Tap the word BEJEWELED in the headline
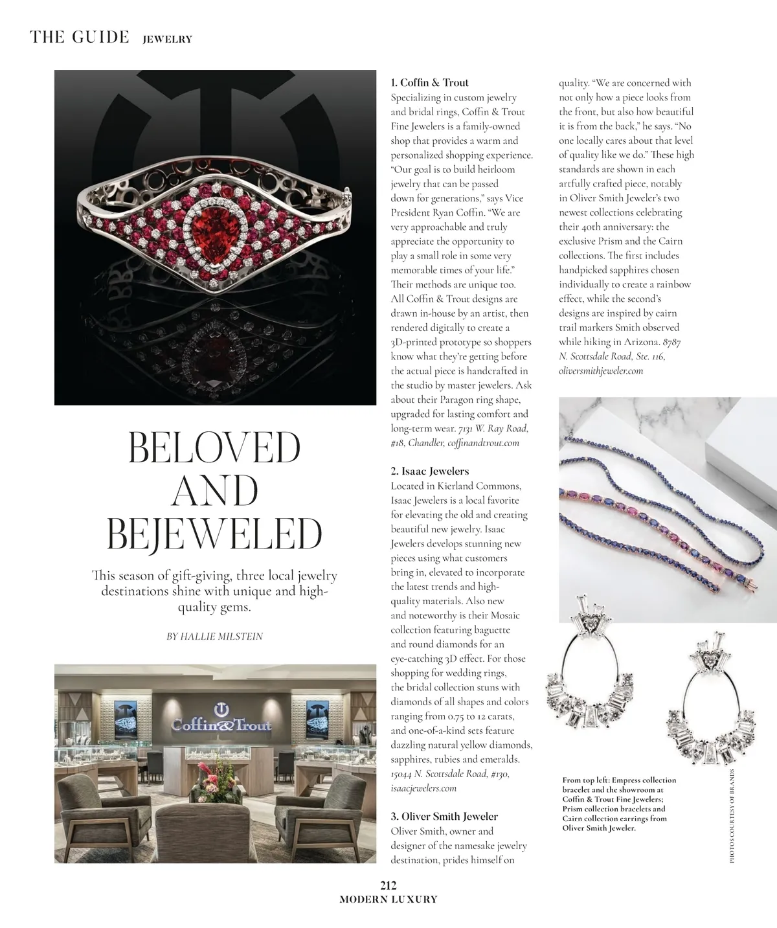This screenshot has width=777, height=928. point(214,534)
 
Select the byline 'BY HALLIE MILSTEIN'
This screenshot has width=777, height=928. point(215,637)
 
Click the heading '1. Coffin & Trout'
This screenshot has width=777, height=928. point(429,82)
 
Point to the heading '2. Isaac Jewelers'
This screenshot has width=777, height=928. point(429,471)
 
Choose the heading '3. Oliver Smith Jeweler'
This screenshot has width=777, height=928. point(444,817)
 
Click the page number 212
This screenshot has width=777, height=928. point(388,887)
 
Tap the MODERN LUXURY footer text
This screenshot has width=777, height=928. point(388,900)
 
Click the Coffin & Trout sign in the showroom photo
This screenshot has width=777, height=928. point(221,722)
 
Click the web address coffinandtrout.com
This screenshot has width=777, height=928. point(483,443)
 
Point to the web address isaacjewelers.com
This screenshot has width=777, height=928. point(423,788)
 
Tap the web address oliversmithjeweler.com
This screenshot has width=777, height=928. point(601,370)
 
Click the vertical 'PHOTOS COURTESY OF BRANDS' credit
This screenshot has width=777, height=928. point(732,816)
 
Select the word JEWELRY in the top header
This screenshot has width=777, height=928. point(167,39)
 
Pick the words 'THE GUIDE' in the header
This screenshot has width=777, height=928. point(80,37)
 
